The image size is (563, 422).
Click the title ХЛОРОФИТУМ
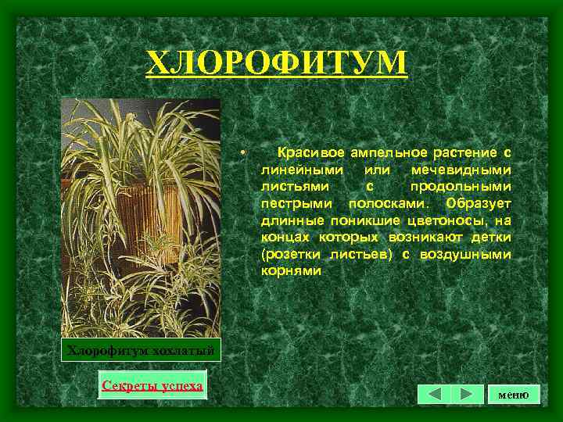point(277,62)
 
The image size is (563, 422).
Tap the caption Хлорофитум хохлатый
point(142,349)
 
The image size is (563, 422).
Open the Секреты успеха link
point(152,385)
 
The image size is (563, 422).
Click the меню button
point(514,395)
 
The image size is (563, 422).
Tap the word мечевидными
point(462,169)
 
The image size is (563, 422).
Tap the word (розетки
point(288,255)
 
